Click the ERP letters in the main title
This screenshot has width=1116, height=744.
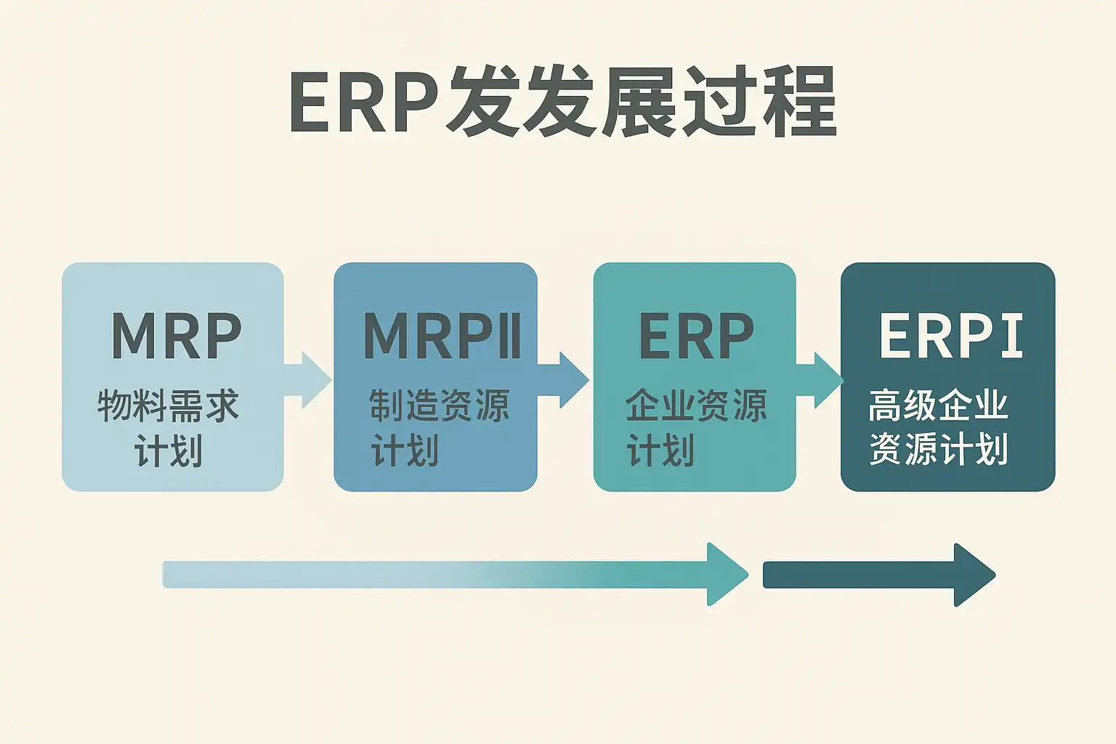[363, 102]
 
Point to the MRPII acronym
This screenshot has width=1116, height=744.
[442, 336]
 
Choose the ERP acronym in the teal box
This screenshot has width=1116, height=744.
[696, 336]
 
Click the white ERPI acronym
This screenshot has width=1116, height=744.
[950, 336]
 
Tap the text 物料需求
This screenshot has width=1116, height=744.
[169, 405]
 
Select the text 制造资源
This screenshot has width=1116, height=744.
[439, 405]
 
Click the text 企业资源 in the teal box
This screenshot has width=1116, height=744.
[696, 405]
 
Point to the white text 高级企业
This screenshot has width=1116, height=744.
[938, 405]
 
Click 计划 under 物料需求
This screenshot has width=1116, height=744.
[169, 450]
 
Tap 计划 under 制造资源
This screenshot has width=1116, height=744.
[405, 450]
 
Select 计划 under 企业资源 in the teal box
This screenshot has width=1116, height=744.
[660, 450]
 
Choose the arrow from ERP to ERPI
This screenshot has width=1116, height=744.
[820, 380]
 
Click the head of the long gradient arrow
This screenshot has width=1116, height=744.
[727, 575]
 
